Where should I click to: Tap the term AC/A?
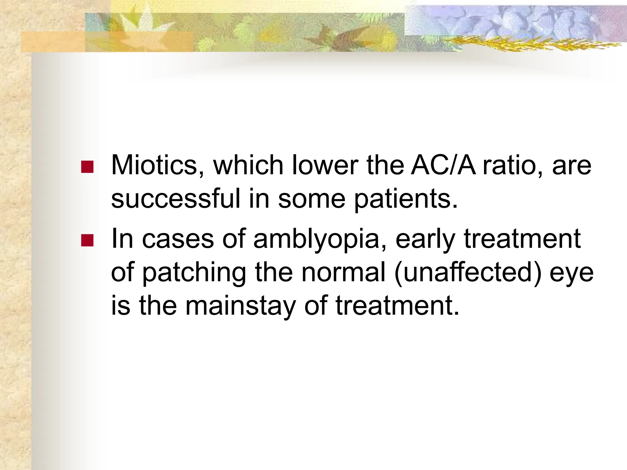click(x=443, y=165)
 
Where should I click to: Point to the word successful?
click(x=175, y=199)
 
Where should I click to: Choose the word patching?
click(x=194, y=273)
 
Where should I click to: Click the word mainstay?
click(x=241, y=306)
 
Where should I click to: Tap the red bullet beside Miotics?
click(x=87, y=167)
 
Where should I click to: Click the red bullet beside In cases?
click(x=87, y=240)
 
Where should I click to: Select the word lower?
click(x=325, y=165)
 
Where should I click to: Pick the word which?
click(x=248, y=165)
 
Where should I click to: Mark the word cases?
click(x=178, y=239)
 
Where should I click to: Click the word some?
click(x=311, y=199)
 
